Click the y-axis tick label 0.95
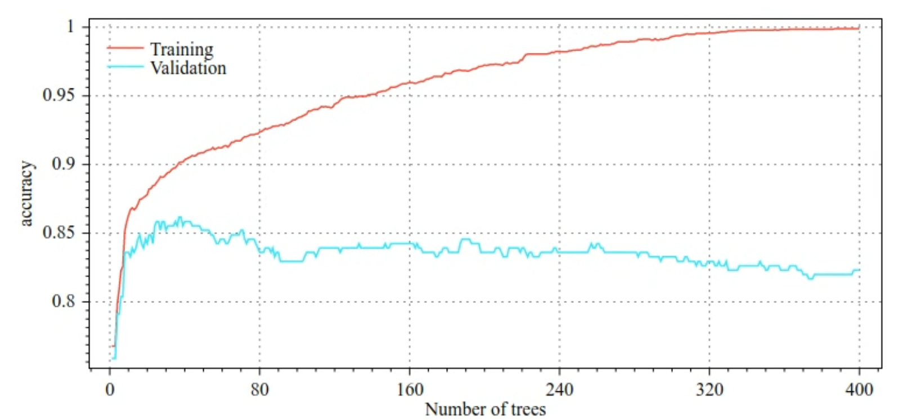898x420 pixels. tap(58, 95)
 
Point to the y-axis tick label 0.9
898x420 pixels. tap(63, 164)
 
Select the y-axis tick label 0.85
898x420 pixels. tap(58, 233)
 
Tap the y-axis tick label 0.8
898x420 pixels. tap(63, 301)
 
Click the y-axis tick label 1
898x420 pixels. tap(70, 26)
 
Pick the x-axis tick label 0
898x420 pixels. tap(110, 390)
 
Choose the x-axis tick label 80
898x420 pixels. tap(259, 390)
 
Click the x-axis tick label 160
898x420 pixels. tap(410, 390)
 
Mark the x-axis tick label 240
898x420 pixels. tap(559, 390)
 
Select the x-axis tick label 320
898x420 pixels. tap(709, 390)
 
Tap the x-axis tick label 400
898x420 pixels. tap(859, 390)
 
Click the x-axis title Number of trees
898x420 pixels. tap(485, 409)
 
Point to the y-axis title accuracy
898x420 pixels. tap(26, 194)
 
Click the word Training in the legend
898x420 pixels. tap(182, 50)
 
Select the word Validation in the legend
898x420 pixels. tap(188, 68)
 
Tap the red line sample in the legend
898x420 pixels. tap(125, 48)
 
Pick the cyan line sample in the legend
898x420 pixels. tap(125, 67)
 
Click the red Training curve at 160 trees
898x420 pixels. tap(410, 83)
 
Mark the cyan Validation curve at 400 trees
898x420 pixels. tap(859, 270)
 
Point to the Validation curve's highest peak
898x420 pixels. tap(180, 217)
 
